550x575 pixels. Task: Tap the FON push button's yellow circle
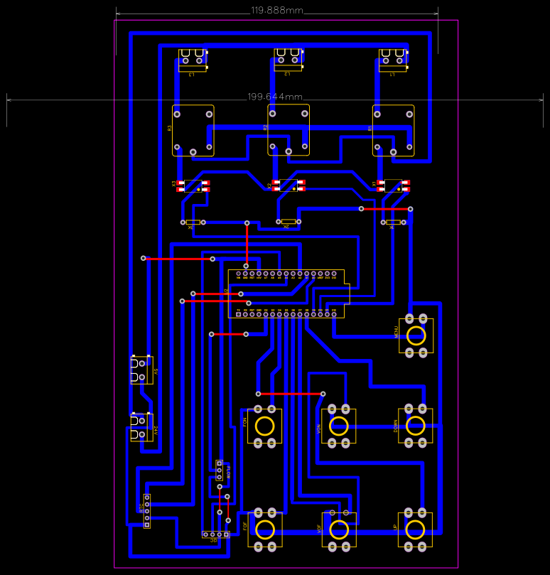(265, 426)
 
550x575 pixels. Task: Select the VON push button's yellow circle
(339, 426)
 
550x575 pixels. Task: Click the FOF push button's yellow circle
(265, 530)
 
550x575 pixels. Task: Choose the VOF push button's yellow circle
(339, 530)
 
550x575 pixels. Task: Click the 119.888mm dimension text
(277, 11)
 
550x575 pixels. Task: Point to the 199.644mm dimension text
(275, 97)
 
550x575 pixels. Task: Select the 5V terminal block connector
(141, 370)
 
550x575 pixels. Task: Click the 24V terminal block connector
(141, 427)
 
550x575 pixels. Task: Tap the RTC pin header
(147, 511)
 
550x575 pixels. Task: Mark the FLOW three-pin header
(220, 470)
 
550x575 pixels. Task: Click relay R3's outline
(193, 131)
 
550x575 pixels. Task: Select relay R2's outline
(289, 129)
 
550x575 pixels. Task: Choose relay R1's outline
(393, 131)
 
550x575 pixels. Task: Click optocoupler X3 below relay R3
(194, 186)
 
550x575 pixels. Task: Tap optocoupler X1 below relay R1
(393, 186)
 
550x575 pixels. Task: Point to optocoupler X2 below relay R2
(289, 186)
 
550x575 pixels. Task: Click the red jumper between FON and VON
(291, 393)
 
